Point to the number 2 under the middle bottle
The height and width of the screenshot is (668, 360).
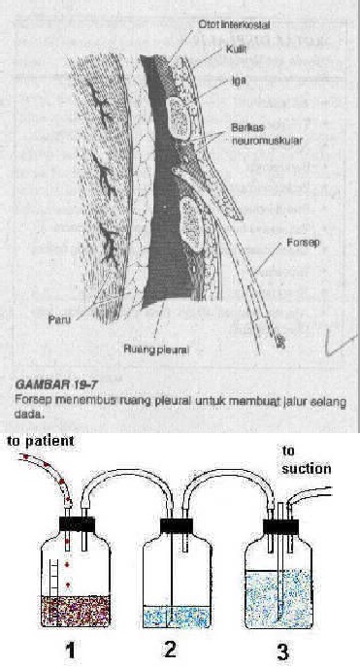tap(173, 650)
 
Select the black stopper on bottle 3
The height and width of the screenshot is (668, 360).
tap(282, 525)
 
